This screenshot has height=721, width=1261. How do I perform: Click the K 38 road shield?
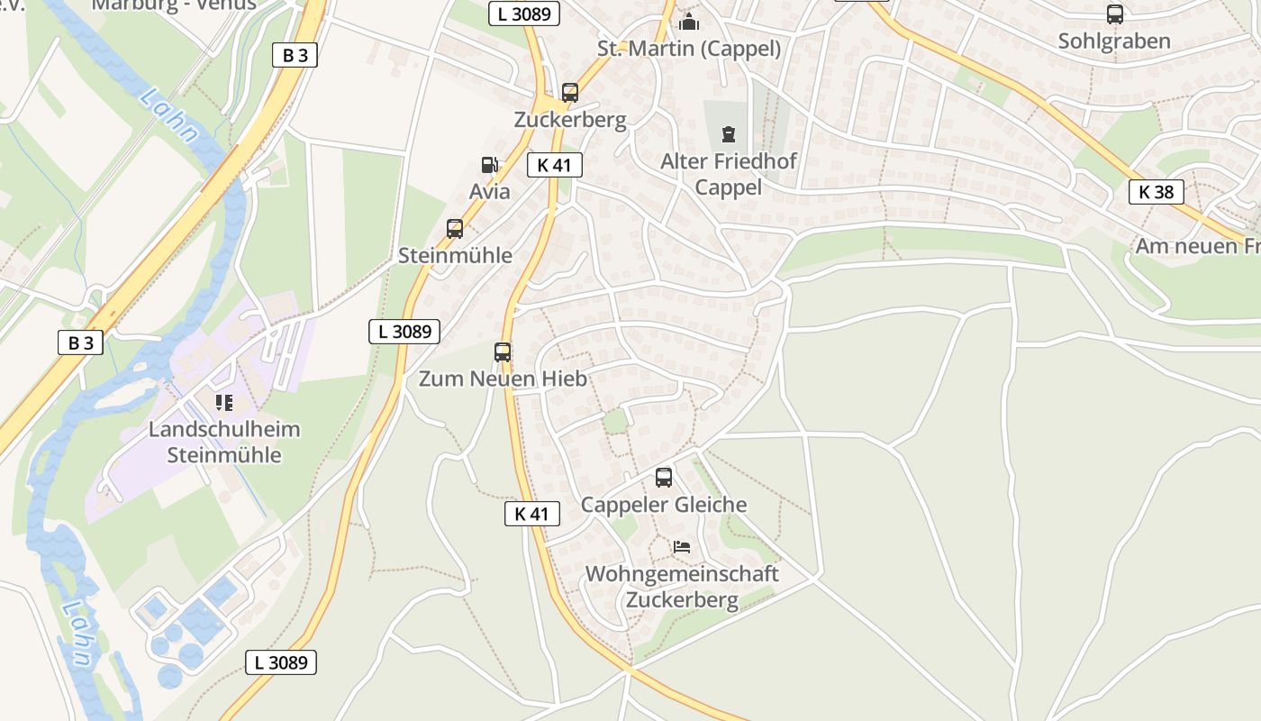(1156, 192)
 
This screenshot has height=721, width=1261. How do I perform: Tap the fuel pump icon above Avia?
(489, 165)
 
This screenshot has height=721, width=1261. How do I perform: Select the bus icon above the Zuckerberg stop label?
(569, 92)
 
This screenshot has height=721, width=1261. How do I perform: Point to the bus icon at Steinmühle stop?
(455, 229)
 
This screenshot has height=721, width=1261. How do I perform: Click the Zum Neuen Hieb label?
(503, 379)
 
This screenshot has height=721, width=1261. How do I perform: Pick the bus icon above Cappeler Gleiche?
(664, 478)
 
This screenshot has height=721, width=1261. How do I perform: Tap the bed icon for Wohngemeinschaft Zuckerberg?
(682, 547)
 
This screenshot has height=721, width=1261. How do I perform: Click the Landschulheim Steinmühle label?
(224, 442)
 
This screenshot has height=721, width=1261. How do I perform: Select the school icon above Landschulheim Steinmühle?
(223, 402)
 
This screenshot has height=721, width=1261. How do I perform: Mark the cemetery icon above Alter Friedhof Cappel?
(728, 135)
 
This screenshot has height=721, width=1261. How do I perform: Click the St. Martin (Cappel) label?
(689, 48)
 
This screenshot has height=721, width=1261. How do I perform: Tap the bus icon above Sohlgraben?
(1114, 14)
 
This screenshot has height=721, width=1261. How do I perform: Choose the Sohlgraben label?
(1114, 41)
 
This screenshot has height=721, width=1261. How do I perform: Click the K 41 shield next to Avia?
(555, 165)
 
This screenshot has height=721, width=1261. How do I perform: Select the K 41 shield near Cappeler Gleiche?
(531, 514)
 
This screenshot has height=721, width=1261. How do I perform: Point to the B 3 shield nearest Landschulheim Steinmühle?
(80, 342)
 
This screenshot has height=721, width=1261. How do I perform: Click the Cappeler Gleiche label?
(664, 504)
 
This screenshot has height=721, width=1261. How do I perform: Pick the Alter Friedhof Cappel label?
(729, 174)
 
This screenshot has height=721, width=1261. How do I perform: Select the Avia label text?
(489, 191)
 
